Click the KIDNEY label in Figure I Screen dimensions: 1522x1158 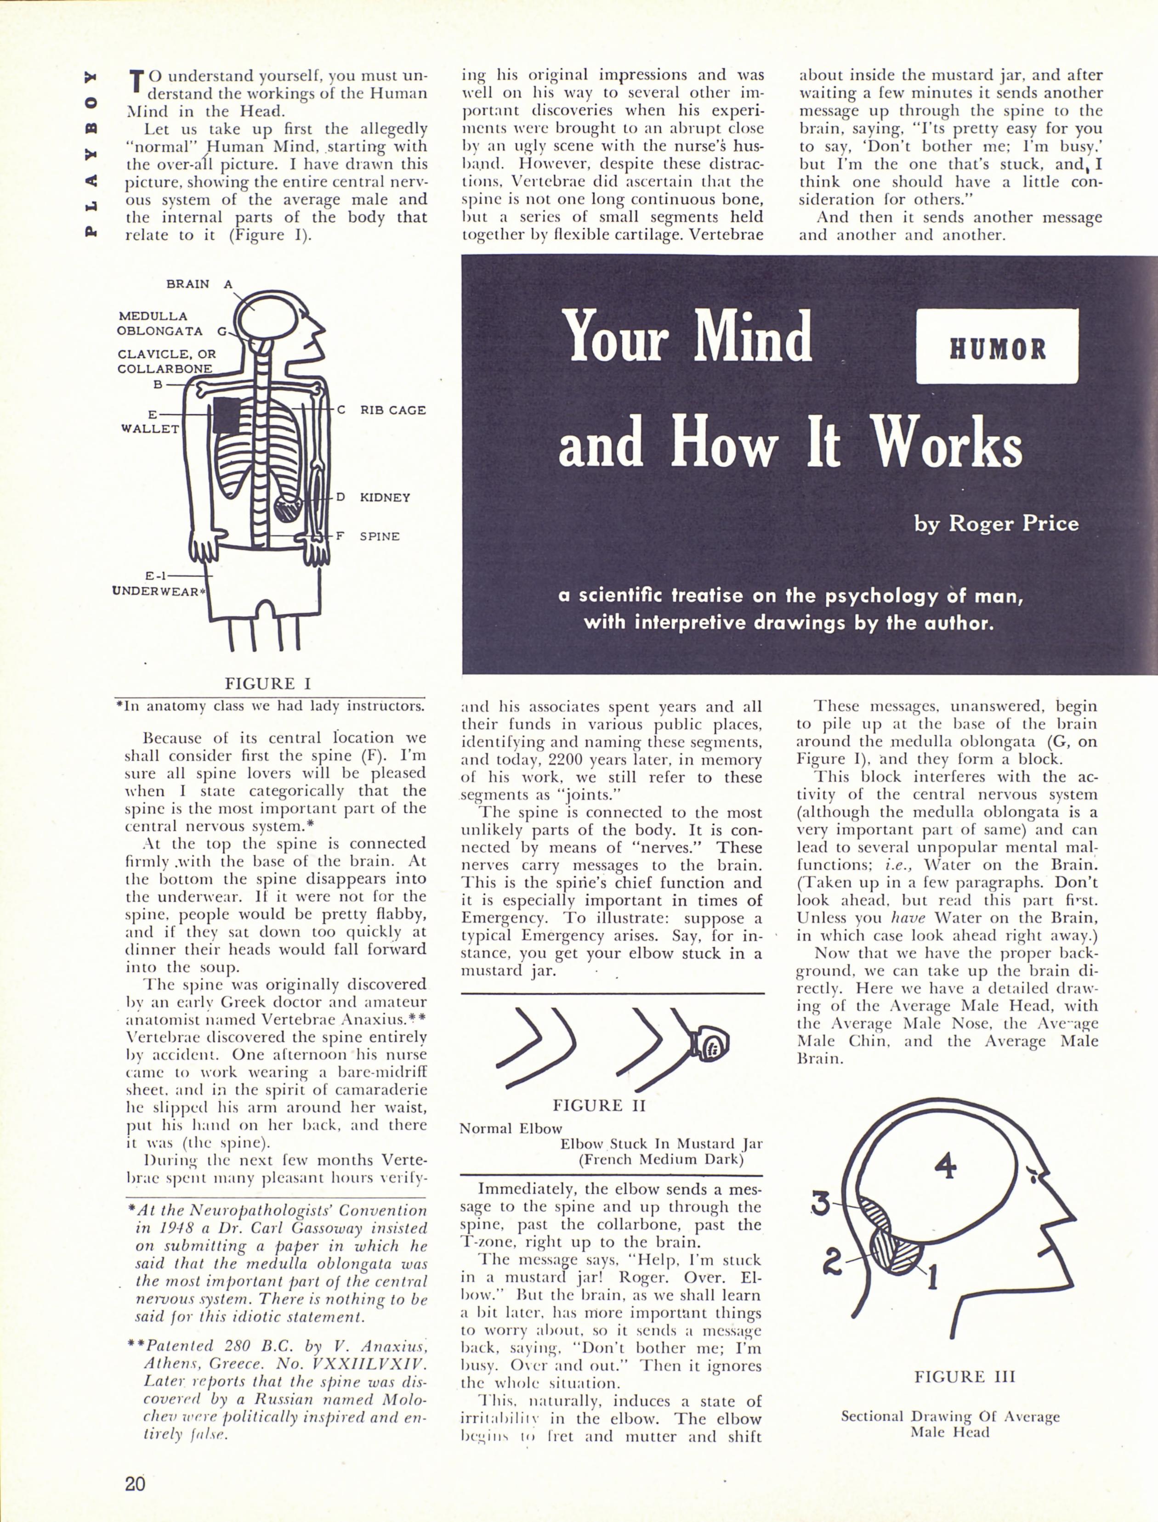pyautogui.click(x=385, y=497)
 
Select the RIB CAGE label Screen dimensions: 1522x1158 pyautogui.click(x=393, y=410)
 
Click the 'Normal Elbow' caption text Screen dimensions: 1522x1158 pyautogui.click(x=511, y=1128)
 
